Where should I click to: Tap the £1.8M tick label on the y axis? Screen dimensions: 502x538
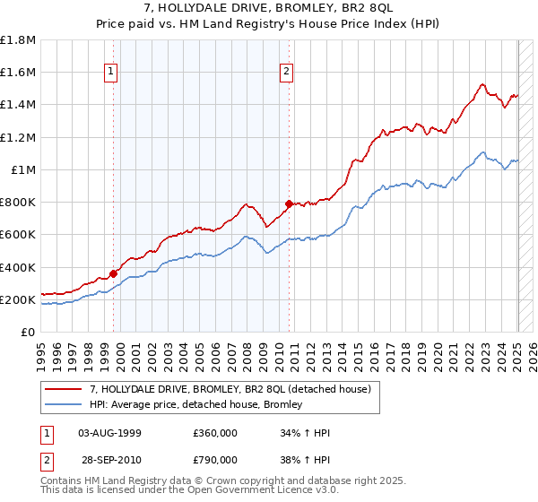[x=18, y=40]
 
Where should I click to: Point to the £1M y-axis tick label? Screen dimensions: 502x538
[x=23, y=170]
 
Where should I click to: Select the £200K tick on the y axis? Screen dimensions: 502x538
[x=18, y=300]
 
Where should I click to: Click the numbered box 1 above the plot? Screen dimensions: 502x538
[x=110, y=73]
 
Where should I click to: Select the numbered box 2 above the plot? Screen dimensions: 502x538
[x=286, y=73]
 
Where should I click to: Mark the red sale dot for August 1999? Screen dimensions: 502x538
[x=114, y=273]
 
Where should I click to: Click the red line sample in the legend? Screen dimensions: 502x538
[x=64, y=389]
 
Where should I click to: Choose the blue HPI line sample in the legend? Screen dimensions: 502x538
[x=64, y=404]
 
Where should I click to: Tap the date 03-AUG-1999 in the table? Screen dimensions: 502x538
[x=110, y=433]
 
